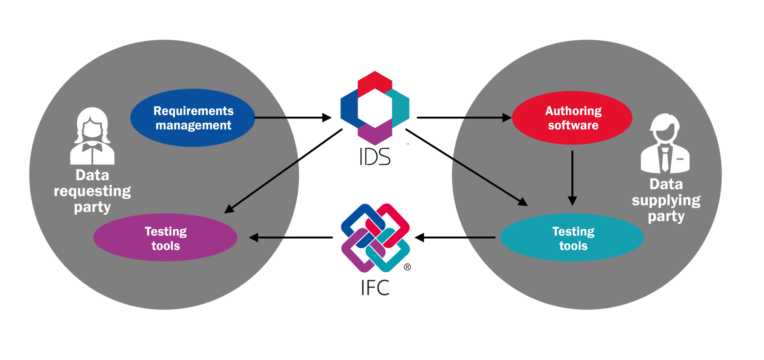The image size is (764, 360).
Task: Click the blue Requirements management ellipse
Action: pyautogui.click(x=193, y=118)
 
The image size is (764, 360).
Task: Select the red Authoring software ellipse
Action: pyautogui.click(x=572, y=118)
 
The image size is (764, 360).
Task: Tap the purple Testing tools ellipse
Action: pyautogui.click(x=165, y=238)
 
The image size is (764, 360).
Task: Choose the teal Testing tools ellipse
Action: pyautogui.click(x=572, y=238)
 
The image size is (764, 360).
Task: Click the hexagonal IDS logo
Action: pyautogui.click(x=375, y=108)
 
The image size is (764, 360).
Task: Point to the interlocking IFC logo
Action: pyautogui.click(x=375, y=238)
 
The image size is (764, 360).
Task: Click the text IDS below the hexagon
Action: pyautogui.click(x=375, y=157)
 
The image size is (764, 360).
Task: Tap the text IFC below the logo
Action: pyautogui.click(x=375, y=288)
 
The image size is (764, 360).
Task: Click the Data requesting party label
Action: pyautogui.click(x=92, y=191)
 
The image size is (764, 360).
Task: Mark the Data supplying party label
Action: pyautogui.click(x=666, y=200)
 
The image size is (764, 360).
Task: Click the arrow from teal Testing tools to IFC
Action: pyautogui.click(x=455, y=238)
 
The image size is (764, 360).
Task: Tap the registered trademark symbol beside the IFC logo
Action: pyautogui.click(x=407, y=267)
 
